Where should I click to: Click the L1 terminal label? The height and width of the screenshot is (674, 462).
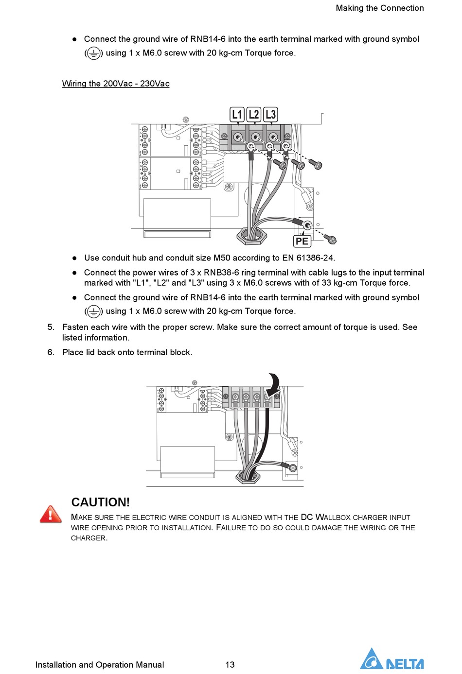237,115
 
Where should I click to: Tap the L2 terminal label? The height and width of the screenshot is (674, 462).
254,115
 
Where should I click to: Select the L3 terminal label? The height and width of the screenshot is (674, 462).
270,115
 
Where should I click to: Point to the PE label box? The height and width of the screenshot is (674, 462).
302,241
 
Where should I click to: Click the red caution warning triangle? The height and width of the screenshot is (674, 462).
51,514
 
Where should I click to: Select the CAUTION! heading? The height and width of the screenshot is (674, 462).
101,502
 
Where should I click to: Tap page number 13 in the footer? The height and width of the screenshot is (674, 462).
230,664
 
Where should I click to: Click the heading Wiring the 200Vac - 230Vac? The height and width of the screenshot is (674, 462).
116,84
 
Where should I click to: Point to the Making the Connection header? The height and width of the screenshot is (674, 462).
380,8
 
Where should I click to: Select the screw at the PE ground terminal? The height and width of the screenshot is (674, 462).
331,240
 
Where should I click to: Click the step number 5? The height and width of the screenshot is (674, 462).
51,327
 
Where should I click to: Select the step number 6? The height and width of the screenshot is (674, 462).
51,352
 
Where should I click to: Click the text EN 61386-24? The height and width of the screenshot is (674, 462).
308,258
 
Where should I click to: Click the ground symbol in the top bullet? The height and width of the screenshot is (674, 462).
94,53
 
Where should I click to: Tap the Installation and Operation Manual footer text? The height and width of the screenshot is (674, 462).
100,664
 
